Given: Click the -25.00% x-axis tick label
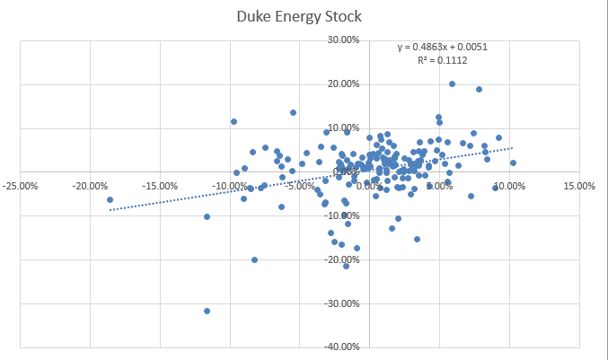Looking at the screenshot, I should point(20,187).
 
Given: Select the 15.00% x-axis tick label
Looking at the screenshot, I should point(579,187).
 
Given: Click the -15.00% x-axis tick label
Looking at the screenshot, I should point(159,187).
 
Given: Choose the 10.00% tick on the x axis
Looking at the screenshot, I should point(509,187).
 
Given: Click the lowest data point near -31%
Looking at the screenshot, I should point(207,311).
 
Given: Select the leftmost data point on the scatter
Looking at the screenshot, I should point(110,199).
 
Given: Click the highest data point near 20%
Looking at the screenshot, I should point(452,83).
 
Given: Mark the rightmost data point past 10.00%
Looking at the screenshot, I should point(513,163).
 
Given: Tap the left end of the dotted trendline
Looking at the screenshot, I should point(110,210).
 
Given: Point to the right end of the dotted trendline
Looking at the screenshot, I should point(513,148).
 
